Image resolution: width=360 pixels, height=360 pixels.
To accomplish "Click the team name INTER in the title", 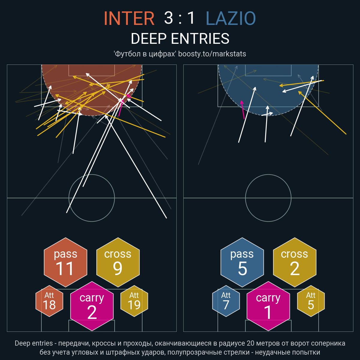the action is click(129, 18).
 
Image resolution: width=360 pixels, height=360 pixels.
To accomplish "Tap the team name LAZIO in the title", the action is click(231, 18).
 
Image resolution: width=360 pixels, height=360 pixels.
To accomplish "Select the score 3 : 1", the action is click(179, 18).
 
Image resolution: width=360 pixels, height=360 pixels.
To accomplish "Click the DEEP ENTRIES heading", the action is click(180, 38).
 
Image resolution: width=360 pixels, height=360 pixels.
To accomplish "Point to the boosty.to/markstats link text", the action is click(212, 54).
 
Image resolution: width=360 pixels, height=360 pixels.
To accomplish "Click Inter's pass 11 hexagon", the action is click(66, 262).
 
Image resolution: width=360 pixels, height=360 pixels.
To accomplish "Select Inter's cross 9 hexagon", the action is click(118, 262).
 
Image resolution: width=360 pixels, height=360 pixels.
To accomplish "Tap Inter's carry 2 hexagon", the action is click(92, 306).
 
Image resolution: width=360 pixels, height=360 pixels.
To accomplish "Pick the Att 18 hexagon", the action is click(49, 301).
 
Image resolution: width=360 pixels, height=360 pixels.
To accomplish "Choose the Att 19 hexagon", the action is click(134, 301).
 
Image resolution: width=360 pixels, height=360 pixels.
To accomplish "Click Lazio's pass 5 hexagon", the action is click(242, 262).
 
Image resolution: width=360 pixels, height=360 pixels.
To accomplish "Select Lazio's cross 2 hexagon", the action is click(295, 262).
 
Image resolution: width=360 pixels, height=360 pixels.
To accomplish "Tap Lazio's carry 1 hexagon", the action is click(268, 306).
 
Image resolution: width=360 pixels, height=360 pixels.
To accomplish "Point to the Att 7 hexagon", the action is click(226, 301).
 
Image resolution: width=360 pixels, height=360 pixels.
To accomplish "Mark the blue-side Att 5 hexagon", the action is click(311, 301).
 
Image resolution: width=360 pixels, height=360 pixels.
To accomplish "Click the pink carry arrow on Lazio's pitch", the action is click(243, 110).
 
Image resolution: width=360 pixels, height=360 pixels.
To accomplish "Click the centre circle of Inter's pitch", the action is click(92, 175).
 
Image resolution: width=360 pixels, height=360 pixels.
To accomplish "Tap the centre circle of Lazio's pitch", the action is click(268, 175).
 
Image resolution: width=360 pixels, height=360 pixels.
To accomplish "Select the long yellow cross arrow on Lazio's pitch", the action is click(322, 112).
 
